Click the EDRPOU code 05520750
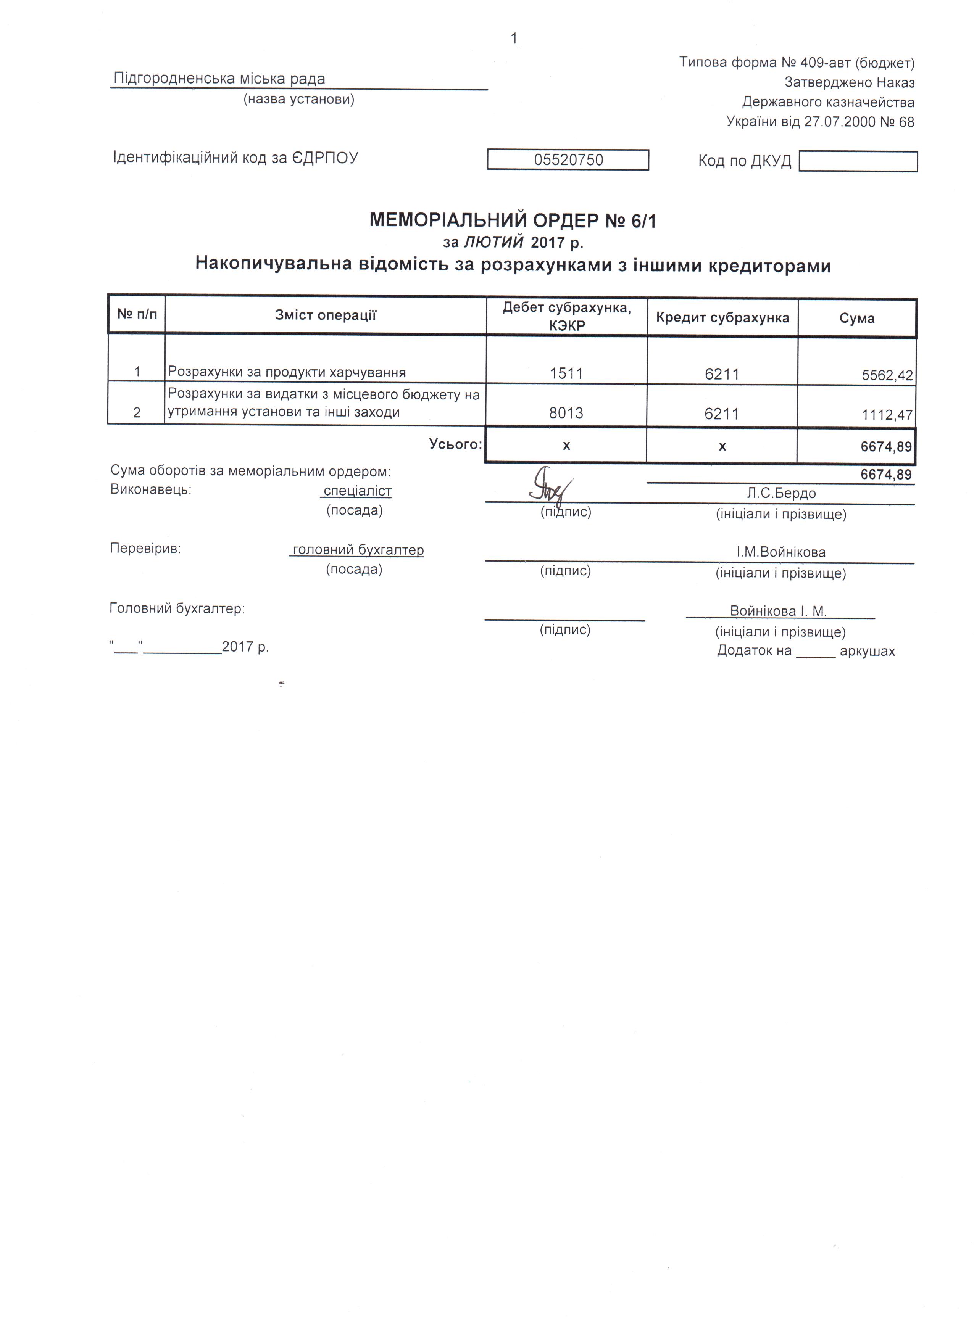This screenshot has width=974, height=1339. pyautogui.click(x=568, y=160)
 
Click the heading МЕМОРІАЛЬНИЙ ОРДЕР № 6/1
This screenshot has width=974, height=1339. pyautogui.click(x=513, y=221)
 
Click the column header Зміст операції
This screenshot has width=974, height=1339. pyautogui.click(x=326, y=315)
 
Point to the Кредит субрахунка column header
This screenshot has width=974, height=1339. pyautogui.click(x=722, y=318)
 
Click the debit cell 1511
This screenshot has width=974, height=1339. pyautogui.click(x=566, y=373)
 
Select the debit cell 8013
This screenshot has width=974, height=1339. pyautogui.click(x=566, y=413)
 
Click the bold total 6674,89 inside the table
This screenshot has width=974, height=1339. pyautogui.click(x=886, y=446)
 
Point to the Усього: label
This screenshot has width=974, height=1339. pyautogui.click(x=455, y=444)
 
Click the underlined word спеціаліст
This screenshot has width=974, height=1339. pyautogui.click(x=357, y=491)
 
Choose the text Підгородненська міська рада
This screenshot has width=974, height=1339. pyautogui.click(x=219, y=79)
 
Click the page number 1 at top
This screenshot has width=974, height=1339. pyautogui.click(x=514, y=39)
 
